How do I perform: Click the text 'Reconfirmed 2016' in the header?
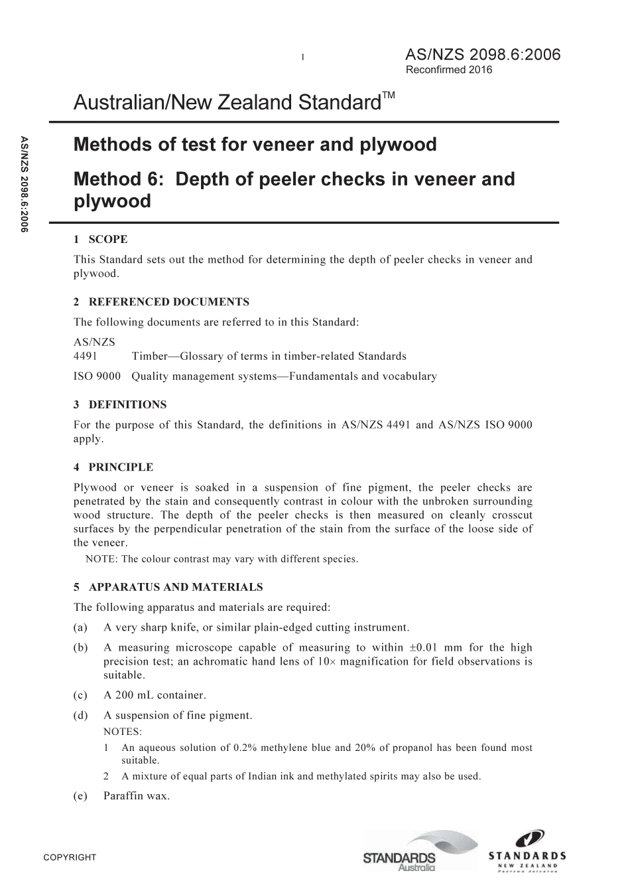pyautogui.click(x=448, y=70)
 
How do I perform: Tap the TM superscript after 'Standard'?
pyautogui.click(x=389, y=96)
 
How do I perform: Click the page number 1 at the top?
pyautogui.click(x=302, y=57)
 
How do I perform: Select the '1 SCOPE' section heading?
pyautogui.click(x=101, y=239)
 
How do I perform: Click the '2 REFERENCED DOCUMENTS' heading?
pyautogui.click(x=161, y=302)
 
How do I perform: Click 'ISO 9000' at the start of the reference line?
pyautogui.click(x=97, y=376)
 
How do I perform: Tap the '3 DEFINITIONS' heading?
pyautogui.click(x=120, y=404)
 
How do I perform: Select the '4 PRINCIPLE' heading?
pyautogui.click(x=113, y=467)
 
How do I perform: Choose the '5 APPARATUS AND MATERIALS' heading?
pyautogui.click(x=168, y=587)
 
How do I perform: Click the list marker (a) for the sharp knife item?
pyautogui.click(x=80, y=627)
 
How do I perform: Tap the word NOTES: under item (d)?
pyautogui.click(x=123, y=732)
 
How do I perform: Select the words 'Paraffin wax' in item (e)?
pyautogui.click(x=137, y=795)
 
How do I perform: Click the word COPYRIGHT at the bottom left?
pyautogui.click(x=70, y=857)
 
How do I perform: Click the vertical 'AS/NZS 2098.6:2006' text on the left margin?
pyautogui.click(x=25, y=183)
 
